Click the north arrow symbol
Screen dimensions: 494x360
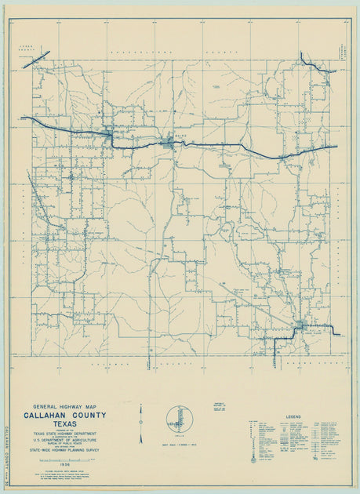pyautogui.click(x=140, y=424)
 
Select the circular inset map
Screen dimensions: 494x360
pyautogui.click(x=180, y=419)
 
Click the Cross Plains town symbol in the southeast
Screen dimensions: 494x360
pyautogui.click(x=300, y=325)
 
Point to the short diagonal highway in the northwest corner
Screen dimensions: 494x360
pyautogui.click(x=36, y=60)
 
